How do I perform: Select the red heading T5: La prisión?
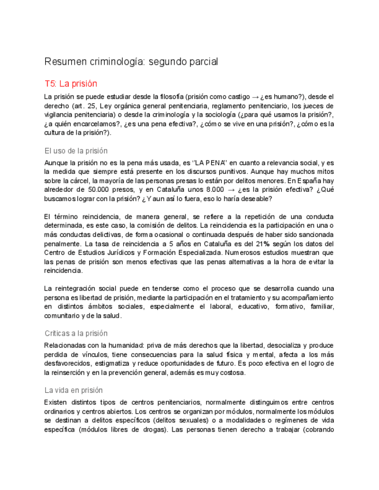(x=71, y=83)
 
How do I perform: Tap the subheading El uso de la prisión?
(x=76, y=151)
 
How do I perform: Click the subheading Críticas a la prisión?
(x=76, y=333)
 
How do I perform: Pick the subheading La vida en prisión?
(x=73, y=390)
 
